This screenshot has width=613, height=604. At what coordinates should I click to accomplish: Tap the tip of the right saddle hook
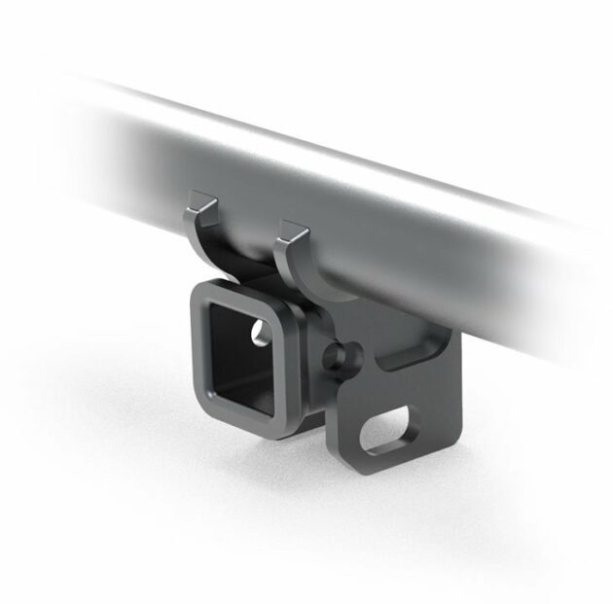click(289, 227)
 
